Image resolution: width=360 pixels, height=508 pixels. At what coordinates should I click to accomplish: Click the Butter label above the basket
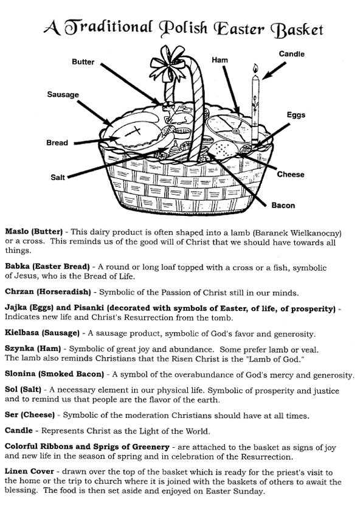(x=83, y=62)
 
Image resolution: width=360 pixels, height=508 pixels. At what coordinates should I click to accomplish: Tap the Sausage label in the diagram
(x=63, y=94)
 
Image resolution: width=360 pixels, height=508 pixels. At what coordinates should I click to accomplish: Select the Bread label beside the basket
(x=57, y=142)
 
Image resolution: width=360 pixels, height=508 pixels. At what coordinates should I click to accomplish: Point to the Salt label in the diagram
(x=58, y=177)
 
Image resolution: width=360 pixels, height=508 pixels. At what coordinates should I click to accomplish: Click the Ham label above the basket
(x=220, y=60)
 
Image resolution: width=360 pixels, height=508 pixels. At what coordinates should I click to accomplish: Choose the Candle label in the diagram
(x=292, y=54)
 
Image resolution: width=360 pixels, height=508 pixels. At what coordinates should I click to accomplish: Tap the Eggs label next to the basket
(x=296, y=115)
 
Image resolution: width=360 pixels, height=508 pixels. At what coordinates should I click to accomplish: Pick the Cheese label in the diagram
(x=291, y=174)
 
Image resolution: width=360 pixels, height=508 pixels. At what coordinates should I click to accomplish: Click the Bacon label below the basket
(x=283, y=206)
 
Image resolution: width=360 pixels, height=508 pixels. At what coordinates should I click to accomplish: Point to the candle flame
(x=255, y=69)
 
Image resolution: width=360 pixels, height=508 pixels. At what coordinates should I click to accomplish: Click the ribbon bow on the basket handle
(x=168, y=63)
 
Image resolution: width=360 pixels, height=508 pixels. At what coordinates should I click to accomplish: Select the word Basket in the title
(x=297, y=29)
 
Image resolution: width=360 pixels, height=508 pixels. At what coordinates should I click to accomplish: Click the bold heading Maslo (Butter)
(x=33, y=232)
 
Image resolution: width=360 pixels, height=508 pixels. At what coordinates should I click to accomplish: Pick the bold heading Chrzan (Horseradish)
(x=48, y=292)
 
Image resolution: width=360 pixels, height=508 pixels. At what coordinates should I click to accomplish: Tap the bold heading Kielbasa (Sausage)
(x=42, y=333)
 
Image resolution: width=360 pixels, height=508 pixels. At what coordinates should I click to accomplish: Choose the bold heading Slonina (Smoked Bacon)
(x=54, y=374)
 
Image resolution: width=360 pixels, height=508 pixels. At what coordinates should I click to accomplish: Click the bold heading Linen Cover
(x=29, y=471)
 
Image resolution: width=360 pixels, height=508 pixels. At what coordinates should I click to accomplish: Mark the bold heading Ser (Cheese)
(x=30, y=415)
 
